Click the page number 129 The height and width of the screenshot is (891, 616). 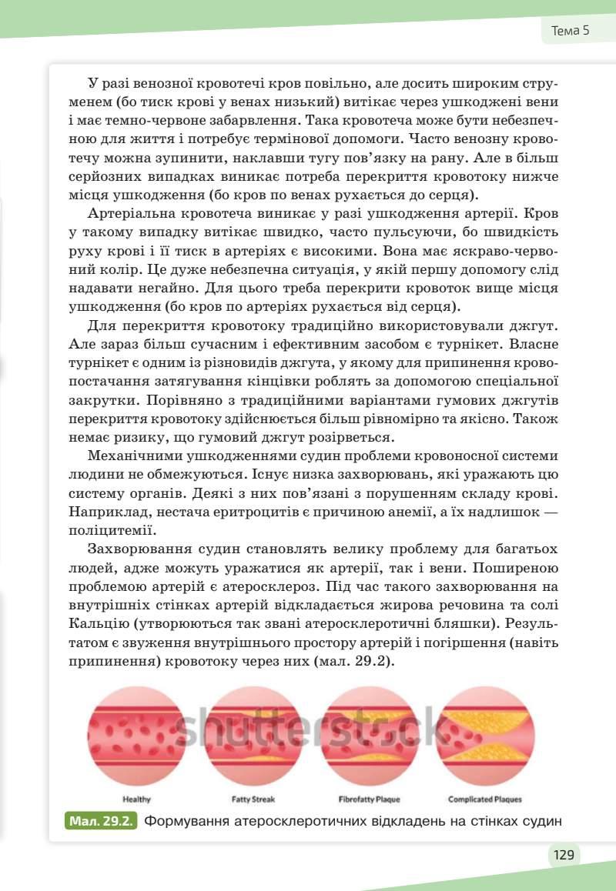coord(564,854)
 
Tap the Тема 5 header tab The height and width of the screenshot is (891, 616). coord(570,31)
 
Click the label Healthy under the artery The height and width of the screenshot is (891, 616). coord(137,799)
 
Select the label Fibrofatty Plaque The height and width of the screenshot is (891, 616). coord(370,799)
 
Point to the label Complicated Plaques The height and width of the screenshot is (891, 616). coord(485,799)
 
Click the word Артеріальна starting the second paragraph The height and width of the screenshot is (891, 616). coord(135,213)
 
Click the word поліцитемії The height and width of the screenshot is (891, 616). coord(112,530)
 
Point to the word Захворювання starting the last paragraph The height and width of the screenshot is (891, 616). coord(142,549)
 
